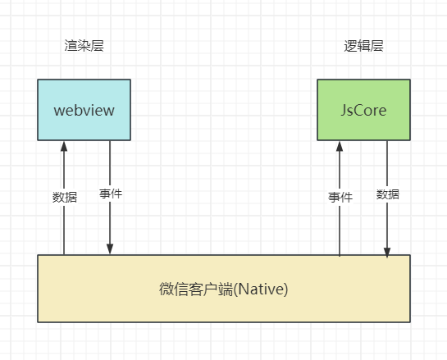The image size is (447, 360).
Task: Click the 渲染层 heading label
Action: [84, 46]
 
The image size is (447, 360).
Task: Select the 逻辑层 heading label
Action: [363, 46]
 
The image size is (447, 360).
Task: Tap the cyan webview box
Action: [84, 109]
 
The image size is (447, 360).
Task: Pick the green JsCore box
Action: [363, 109]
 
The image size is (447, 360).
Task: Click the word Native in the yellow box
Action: [261, 289]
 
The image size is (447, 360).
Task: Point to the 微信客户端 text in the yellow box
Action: [195, 289]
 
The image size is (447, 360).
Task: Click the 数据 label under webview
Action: [64, 197]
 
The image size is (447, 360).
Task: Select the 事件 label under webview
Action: [110, 194]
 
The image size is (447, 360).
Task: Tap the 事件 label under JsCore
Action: [340, 197]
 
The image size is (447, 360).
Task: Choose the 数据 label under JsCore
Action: [387, 194]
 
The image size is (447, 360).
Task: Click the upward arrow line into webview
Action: [64, 230]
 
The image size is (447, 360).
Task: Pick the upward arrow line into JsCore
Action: [340, 230]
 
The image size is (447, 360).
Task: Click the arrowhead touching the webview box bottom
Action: [64, 146]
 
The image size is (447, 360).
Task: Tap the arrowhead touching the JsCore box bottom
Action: [340, 146]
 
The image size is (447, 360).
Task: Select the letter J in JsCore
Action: [344, 109]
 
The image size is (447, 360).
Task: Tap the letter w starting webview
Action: [59, 110]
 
